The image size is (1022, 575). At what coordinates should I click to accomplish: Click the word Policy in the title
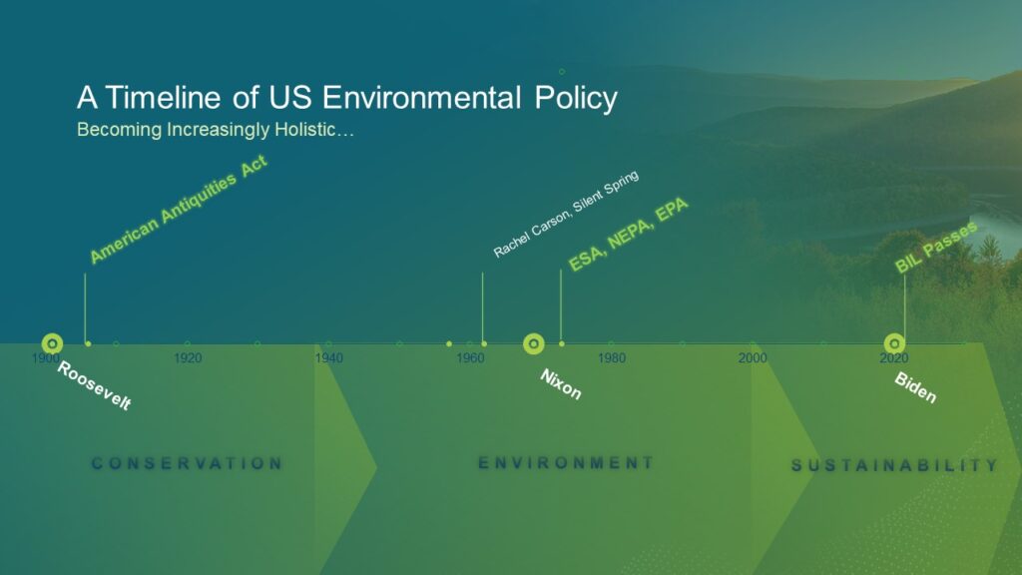[x=576, y=99]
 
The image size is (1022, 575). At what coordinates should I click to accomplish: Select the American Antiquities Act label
[x=179, y=209]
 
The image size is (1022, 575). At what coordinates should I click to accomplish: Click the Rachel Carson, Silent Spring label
[x=566, y=214]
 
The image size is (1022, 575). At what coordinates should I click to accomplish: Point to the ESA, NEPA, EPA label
[x=629, y=234]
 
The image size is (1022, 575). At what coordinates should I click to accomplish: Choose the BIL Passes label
[x=936, y=248]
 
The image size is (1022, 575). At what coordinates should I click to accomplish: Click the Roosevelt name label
[x=95, y=386]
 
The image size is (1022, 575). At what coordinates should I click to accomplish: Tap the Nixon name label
[x=561, y=384]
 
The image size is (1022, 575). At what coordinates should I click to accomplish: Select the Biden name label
[x=915, y=387]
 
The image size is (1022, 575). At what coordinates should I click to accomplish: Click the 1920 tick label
[x=188, y=358]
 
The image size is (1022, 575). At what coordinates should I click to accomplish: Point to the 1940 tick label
[x=329, y=358]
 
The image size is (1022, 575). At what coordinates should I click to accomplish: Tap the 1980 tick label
[x=612, y=358]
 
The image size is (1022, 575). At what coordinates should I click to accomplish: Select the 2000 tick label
[x=753, y=358]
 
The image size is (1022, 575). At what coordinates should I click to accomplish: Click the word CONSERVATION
[x=187, y=463]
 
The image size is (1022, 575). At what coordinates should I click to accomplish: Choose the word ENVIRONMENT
[x=566, y=463]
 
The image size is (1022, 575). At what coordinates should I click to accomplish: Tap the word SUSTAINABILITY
[x=894, y=465]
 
